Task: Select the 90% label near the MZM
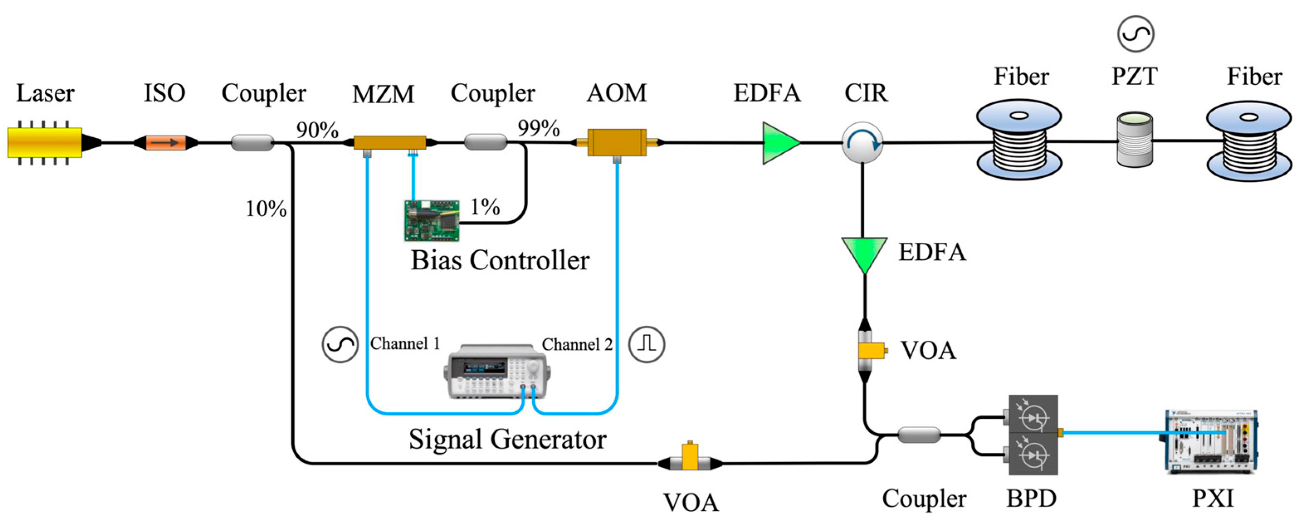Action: [317, 130]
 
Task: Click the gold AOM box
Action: [617, 142]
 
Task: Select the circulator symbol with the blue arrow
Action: [862, 142]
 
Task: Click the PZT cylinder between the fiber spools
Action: [1134, 139]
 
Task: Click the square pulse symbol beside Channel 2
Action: [646, 344]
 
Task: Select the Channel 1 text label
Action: [405, 344]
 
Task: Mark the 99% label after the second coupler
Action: [538, 128]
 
